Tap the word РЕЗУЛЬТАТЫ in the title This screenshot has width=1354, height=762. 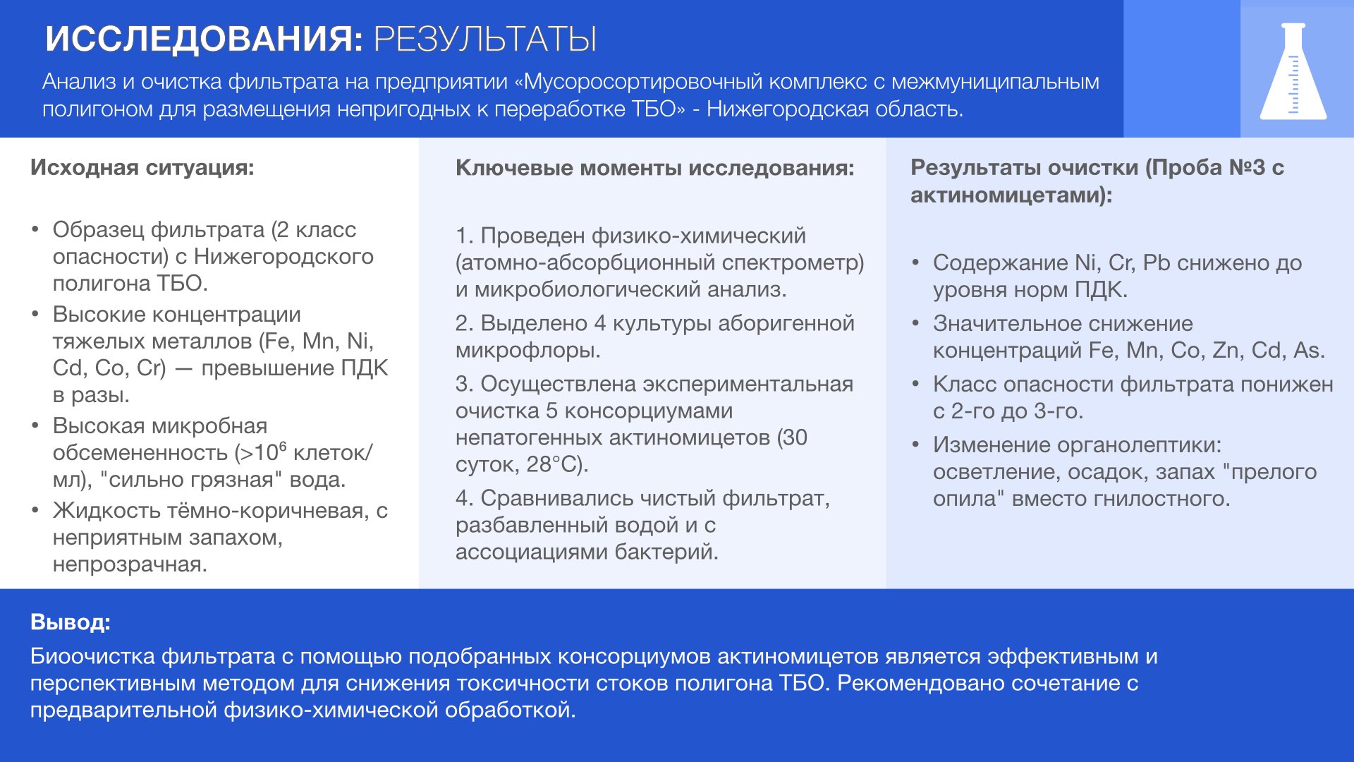click(485, 39)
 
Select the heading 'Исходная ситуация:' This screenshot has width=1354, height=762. click(142, 167)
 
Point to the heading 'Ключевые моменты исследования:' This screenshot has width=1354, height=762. click(654, 167)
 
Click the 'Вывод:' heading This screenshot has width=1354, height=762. click(71, 622)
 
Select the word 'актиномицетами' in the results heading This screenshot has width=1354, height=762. click(1004, 195)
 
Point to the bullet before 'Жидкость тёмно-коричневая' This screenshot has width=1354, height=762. click(35, 510)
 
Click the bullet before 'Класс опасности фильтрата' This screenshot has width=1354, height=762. click(915, 384)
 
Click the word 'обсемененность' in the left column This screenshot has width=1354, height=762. click(140, 452)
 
